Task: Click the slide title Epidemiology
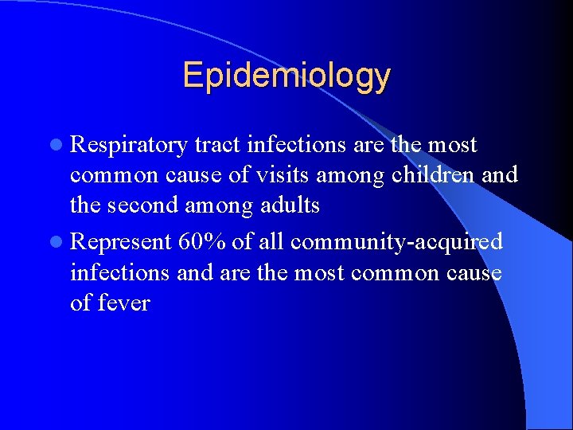(286, 76)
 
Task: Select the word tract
(217, 146)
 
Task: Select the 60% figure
(206, 241)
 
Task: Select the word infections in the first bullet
(297, 146)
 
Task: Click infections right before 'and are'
(120, 272)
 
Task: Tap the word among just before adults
(220, 205)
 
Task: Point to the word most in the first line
(451, 146)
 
